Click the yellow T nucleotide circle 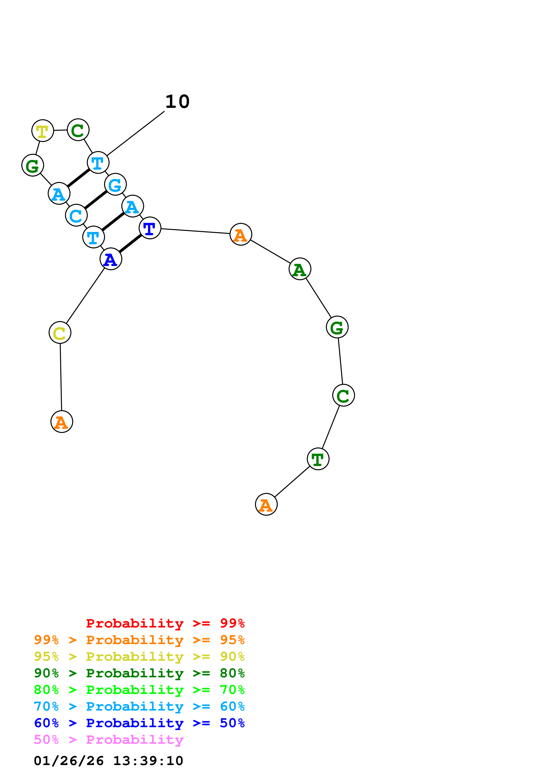click(x=43, y=131)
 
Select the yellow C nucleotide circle click(x=60, y=333)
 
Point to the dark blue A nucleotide click(x=111, y=259)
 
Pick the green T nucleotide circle click(x=318, y=459)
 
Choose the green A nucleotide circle click(x=300, y=269)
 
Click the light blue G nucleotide click(x=115, y=185)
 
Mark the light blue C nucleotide click(x=76, y=215)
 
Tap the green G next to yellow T click(x=33, y=165)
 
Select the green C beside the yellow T click(x=78, y=130)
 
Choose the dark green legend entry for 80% click(x=139, y=673)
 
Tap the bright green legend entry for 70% click(x=139, y=690)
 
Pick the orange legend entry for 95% click(x=139, y=640)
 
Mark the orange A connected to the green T click(x=266, y=504)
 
